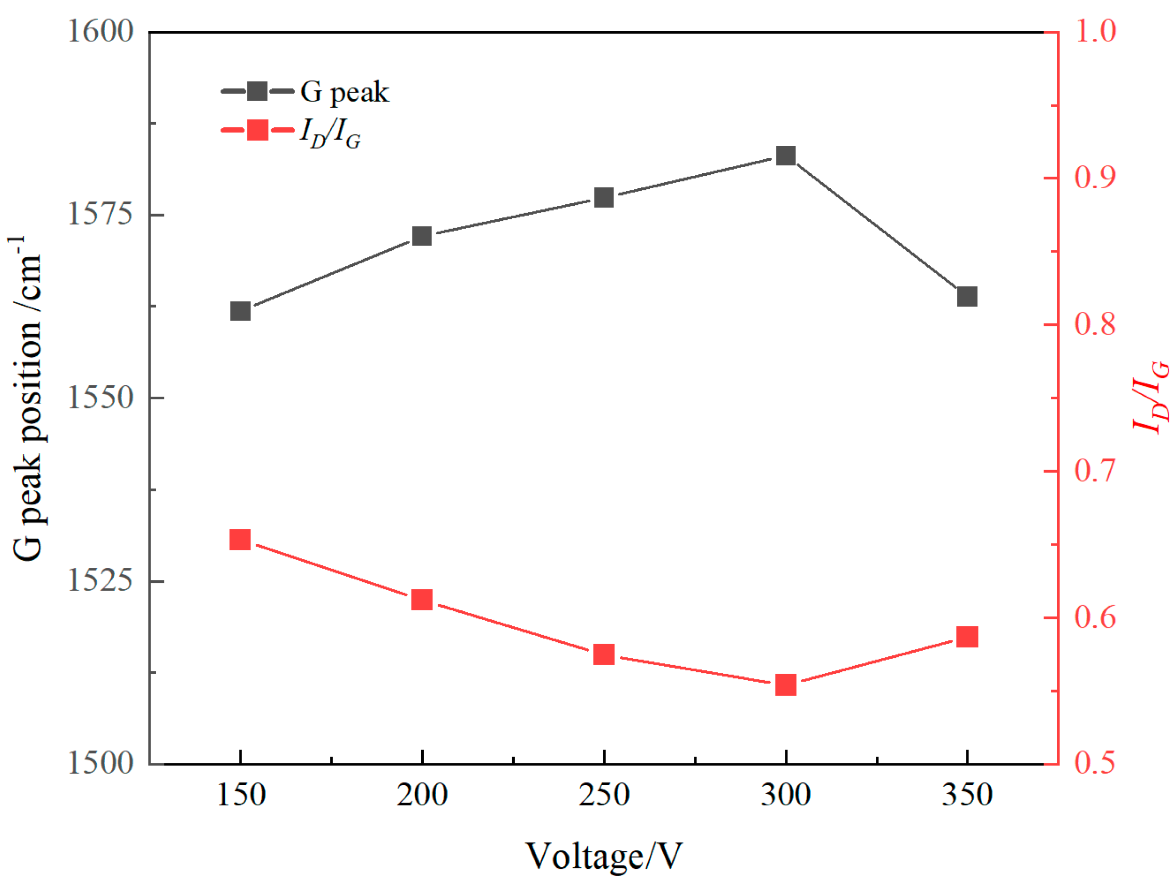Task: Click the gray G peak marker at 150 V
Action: coord(240,311)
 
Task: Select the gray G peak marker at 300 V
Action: coord(785,156)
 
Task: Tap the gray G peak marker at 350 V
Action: coord(966,296)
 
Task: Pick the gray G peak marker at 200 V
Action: coord(422,236)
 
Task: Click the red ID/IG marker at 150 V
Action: coord(240,540)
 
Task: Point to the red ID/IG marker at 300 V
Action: coord(785,685)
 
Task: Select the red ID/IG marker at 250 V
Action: coord(604,655)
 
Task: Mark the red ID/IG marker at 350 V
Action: coord(966,636)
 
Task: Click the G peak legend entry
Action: coord(306,92)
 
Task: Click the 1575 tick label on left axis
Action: coord(99,215)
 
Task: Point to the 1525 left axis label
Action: coord(99,580)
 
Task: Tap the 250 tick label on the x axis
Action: coord(604,795)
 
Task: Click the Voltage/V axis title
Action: coord(604,855)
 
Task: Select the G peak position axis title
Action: coord(26,399)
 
